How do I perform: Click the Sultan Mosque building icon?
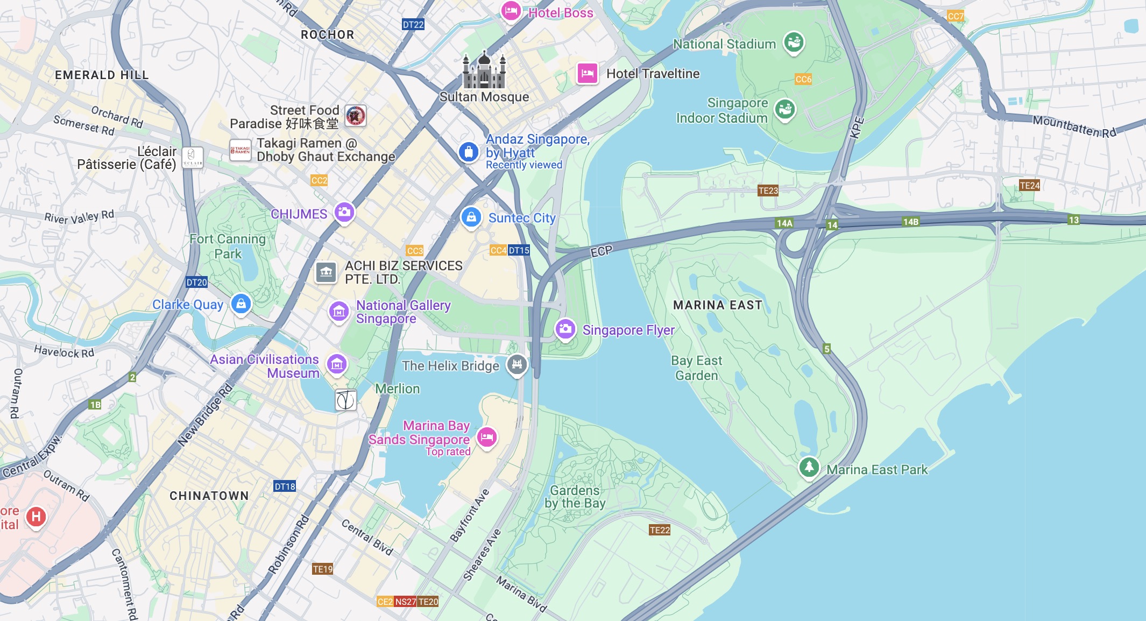tap(484, 70)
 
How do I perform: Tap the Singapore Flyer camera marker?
tap(565, 329)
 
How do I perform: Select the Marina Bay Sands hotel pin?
tap(487, 437)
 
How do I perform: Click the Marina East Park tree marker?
tap(809, 467)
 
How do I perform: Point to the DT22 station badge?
tap(413, 24)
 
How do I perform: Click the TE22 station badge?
tap(660, 530)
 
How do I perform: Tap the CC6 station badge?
tap(803, 79)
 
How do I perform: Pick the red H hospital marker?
tap(36, 517)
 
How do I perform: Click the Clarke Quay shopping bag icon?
tap(241, 304)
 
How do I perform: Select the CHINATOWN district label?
tap(209, 496)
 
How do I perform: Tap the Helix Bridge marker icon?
tap(517, 364)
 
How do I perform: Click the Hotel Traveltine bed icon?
tap(588, 73)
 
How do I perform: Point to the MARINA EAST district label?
tap(718, 305)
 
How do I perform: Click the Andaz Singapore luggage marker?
tap(469, 152)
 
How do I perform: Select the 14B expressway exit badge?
tap(911, 222)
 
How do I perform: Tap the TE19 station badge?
tap(323, 569)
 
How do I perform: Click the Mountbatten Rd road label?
tap(1074, 127)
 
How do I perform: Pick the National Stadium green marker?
tap(794, 41)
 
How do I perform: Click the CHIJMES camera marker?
tap(344, 212)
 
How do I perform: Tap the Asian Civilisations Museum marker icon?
tap(337, 364)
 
